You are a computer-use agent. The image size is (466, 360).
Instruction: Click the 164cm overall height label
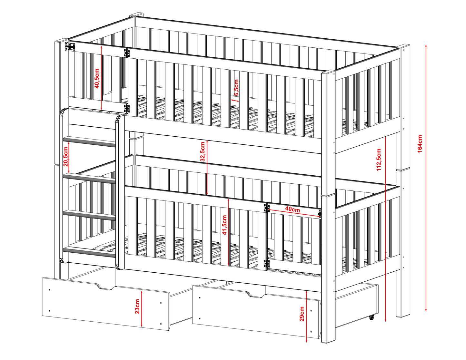[x=420, y=143]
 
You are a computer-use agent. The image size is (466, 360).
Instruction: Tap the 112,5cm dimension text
[x=379, y=160]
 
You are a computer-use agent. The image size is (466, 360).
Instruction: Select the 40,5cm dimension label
[x=97, y=78]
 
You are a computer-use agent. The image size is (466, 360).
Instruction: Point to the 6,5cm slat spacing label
[x=236, y=87]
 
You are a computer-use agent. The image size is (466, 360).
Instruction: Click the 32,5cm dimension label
[x=203, y=151]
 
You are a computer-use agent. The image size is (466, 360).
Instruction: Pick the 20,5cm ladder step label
[x=65, y=156]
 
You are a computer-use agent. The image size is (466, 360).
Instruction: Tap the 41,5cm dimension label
[x=224, y=225]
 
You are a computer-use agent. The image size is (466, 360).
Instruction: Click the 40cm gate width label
[x=292, y=209]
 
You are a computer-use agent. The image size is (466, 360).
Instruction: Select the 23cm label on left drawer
[x=137, y=306]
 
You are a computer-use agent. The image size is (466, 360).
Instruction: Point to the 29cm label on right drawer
[x=302, y=314]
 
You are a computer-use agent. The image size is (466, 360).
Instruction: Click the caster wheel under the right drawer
[x=372, y=317]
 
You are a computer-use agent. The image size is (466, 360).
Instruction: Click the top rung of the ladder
[x=89, y=141]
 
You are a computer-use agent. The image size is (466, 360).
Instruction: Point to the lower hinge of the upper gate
[x=127, y=108]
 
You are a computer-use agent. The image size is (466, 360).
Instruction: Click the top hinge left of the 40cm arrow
[x=267, y=208]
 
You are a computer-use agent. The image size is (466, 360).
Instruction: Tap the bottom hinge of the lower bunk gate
[x=267, y=263]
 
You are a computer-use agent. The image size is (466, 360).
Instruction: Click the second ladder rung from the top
[x=89, y=179]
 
